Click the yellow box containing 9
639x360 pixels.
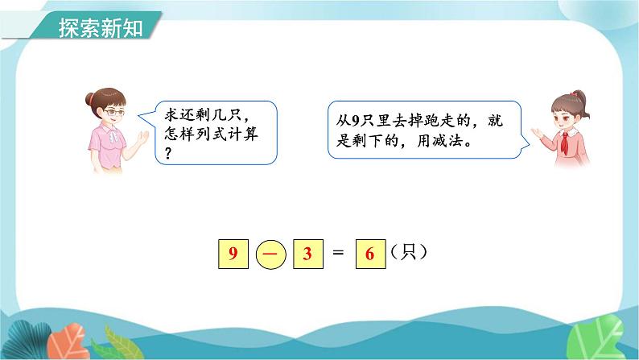click(232, 254)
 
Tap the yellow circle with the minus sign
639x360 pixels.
click(270, 254)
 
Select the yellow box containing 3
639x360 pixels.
click(307, 254)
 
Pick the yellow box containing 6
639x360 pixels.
click(370, 254)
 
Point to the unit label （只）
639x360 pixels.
click(407, 252)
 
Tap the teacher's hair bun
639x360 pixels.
click(91, 99)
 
